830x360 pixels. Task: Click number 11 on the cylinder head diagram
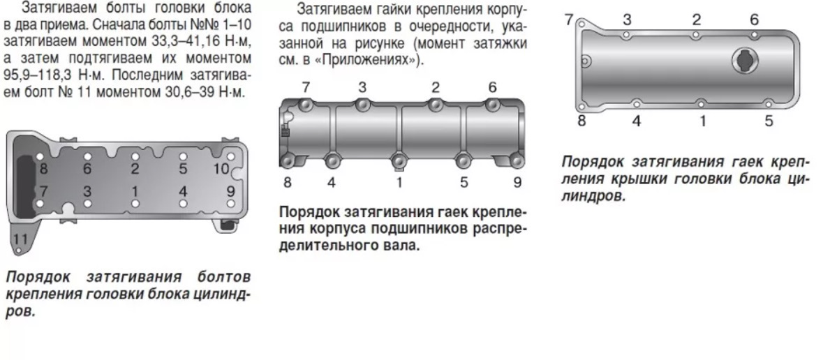[21, 239]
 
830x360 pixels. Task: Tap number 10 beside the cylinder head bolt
[221, 169]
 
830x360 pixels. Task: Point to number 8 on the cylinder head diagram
[43, 169]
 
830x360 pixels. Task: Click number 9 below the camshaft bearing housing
[517, 182]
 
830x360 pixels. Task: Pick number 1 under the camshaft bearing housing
[400, 182]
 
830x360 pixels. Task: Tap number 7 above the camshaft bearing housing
[306, 87]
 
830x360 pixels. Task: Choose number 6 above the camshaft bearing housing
[493, 87]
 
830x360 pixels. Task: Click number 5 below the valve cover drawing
[769, 121]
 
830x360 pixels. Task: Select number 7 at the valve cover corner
[569, 20]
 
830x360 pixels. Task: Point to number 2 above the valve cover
[697, 20]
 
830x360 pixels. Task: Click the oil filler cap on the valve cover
[746, 61]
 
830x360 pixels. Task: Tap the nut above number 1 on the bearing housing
[400, 159]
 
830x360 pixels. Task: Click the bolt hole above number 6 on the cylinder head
[87, 156]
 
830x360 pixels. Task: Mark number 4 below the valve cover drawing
[636, 121]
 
